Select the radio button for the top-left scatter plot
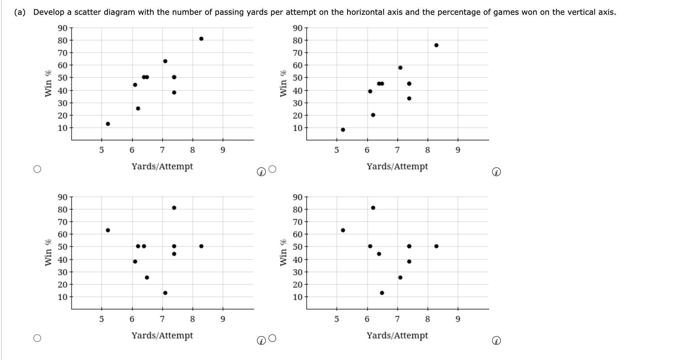pos(37,169)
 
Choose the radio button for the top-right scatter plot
pos(272,169)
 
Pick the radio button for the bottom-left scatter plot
pos(37,338)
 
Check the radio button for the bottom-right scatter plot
pos(272,338)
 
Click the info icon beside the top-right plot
pos(496,172)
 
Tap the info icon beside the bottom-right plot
pos(496,341)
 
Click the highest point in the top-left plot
pos(201,39)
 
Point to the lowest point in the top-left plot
pos(108,124)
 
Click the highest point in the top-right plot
pos(436,45)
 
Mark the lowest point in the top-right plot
pos(343,130)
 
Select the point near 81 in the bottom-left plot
pos(174,208)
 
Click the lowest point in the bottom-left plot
pos(165,293)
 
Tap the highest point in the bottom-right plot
pos(373,208)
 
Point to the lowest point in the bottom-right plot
pos(382,293)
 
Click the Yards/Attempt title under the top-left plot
pos(162,166)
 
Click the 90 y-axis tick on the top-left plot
pos(62,28)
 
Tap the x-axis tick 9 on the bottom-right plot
pos(458,319)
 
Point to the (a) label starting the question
pos(20,12)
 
